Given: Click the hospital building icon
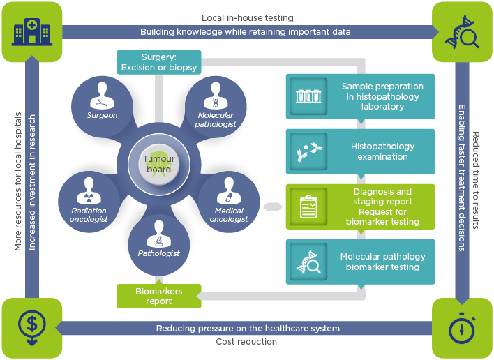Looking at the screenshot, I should [x=31, y=32].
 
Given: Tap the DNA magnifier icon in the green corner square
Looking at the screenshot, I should [x=461, y=32].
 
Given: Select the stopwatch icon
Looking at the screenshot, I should [x=461, y=328].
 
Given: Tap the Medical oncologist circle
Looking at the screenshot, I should [x=229, y=198].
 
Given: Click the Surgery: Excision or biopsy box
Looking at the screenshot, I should [x=159, y=62].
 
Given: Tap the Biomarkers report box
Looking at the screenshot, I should [x=158, y=297].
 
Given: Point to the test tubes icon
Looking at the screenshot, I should [x=308, y=97].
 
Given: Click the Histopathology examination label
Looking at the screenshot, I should [x=382, y=151].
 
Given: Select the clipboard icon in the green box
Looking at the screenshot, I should [x=308, y=207].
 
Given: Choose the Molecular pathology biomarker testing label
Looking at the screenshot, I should [x=382, y=262].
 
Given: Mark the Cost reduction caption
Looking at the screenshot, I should [x=247, y=342].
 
